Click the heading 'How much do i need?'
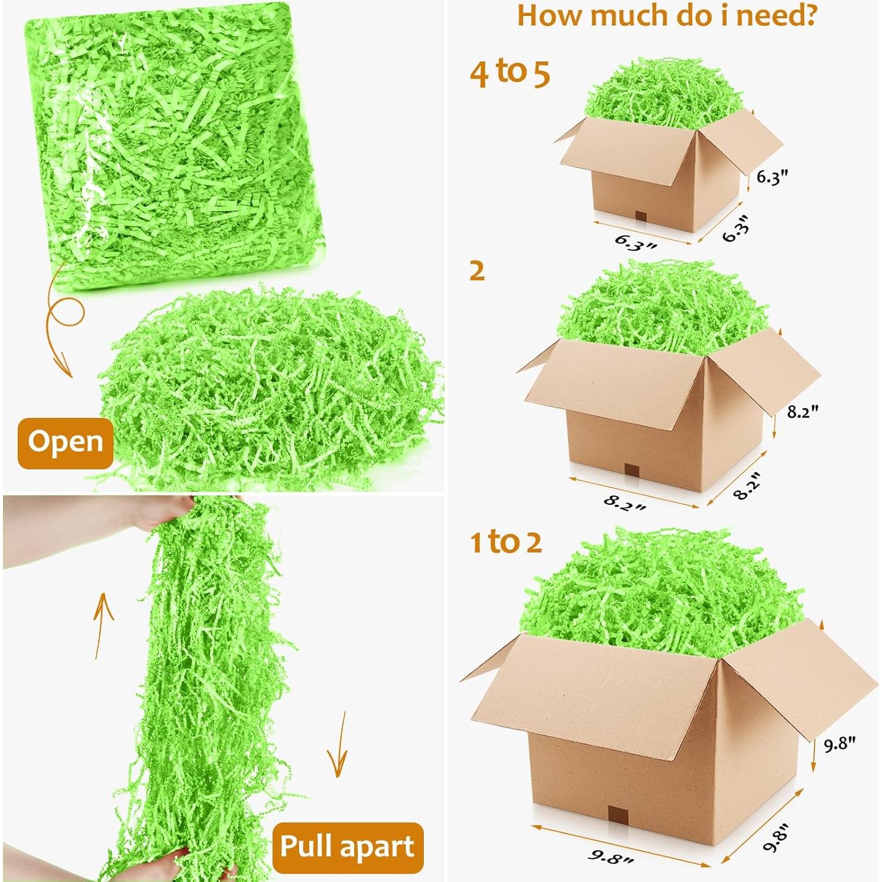pos(666,16)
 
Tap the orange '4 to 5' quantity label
pos(510,73)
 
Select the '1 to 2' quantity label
pos(505,542)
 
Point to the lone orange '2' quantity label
pos(477,271)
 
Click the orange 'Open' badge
pos(65,442)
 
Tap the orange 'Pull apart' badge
pos(347,847)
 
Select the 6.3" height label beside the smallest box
pos(772,177)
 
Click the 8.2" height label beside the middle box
pos(802,411)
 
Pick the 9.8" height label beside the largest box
pos(839,744)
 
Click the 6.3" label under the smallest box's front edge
pos(635,242)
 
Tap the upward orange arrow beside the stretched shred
pos(103,625)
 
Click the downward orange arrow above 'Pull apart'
pos(338,746)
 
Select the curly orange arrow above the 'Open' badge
pos(62,331)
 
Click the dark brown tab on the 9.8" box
pos(618,815)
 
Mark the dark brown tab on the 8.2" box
pos(633,471)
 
